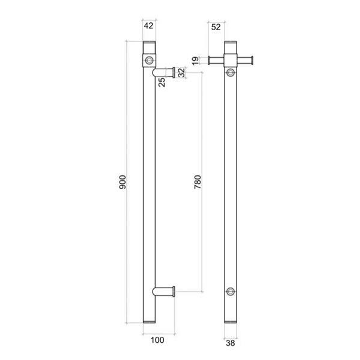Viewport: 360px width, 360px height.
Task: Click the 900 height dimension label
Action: [x=122, y=182]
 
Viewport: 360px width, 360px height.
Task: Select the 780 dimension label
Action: [x=197, y=182]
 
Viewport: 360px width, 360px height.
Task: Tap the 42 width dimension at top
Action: [x=149, y=26]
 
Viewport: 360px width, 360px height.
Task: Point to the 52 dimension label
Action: [x=216, y=27]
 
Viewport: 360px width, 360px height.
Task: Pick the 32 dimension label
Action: [x=181, y=73]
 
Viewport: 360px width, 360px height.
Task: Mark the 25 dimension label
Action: [x=162, y=82]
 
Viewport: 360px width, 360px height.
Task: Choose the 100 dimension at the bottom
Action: [x=157, y=340]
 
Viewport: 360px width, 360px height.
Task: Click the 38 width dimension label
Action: [x=230, y=343]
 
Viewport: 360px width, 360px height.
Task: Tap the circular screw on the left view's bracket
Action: [x=149, y=60]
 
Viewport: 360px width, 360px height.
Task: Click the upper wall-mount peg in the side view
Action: [x=165, y=72]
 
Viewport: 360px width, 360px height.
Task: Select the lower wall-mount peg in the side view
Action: [x=165, y=291]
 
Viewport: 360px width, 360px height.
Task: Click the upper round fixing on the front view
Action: [x=230, y=72]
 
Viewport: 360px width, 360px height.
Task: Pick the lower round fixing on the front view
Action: [x=230, y=291]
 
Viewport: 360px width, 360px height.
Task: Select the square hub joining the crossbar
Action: [x=230, y=60]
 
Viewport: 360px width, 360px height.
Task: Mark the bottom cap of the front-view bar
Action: [x=230, y=322]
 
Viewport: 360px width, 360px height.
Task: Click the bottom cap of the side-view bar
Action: [x=149, y=322]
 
